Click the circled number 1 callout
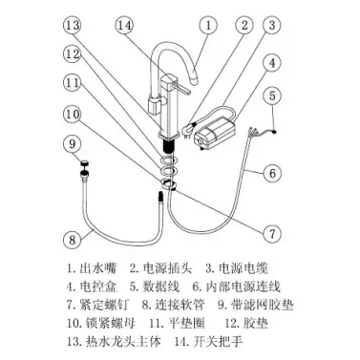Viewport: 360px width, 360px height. (208, 25)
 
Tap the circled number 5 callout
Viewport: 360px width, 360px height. (272, 95)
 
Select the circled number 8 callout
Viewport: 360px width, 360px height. (73, 239)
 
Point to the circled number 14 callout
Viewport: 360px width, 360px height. (124, 25)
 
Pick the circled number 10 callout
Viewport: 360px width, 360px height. (73, 115)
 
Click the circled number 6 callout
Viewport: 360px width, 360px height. (272, 173)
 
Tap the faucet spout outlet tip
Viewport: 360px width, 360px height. (195, 78)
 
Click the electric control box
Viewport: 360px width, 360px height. (214, 133)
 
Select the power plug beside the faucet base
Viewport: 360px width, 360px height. (187, 131)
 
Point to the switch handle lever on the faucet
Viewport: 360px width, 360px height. (181, 88)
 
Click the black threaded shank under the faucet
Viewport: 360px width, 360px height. (170, 147)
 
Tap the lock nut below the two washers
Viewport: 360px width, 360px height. (169, 184)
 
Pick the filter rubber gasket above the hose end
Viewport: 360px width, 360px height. (84, 163)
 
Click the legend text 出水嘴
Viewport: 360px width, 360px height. (97, 268)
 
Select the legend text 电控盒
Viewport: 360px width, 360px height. (97, 286)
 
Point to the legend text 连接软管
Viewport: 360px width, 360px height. (180, 305)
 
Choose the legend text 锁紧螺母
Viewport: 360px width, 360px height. (111, 323)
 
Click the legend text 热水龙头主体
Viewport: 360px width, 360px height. (123, 342)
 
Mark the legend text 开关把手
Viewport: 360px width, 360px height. (218, 342)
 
